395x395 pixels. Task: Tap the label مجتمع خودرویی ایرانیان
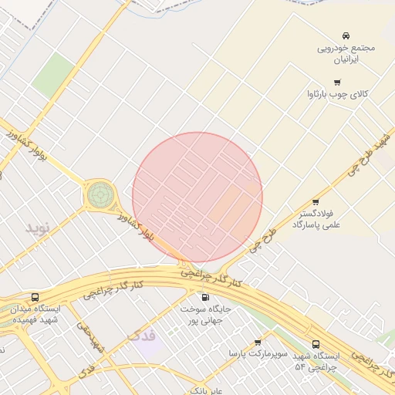click(x=346, y=52)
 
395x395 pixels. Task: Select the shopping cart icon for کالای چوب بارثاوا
click(x=337, y=83)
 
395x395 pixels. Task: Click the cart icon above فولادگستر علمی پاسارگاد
click(x=315, y=202)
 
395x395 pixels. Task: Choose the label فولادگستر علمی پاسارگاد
click(x=316, y=218)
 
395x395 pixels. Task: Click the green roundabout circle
click(x=100, y=194)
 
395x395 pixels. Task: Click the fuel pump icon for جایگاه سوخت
click(x=204, y=297)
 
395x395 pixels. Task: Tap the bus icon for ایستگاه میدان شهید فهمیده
click(x=35, y=297)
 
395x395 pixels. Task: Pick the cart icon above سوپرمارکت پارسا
click(x=257, y=343)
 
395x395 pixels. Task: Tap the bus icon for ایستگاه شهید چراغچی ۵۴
click(x=316, y=344)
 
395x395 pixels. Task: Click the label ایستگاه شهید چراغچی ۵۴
click(x=316, y=361)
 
